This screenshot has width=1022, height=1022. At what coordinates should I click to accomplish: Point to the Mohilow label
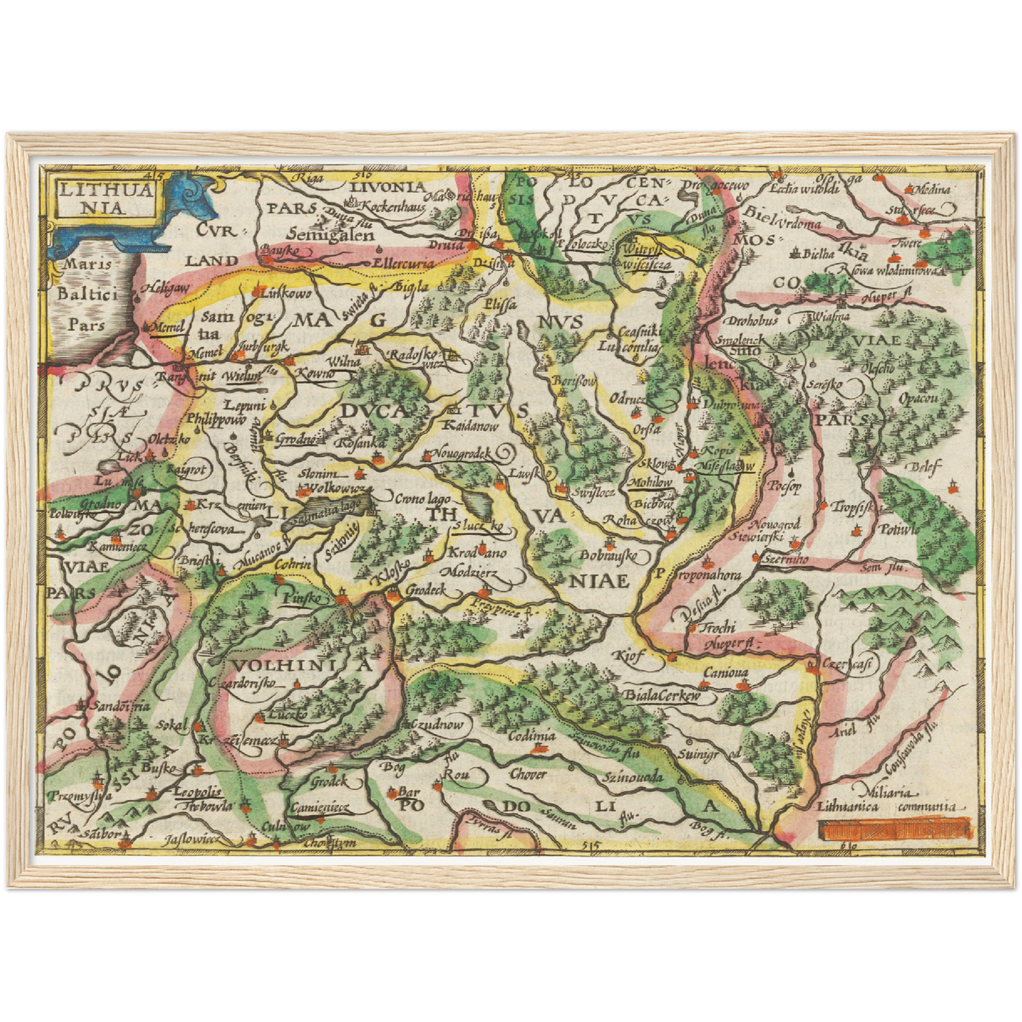[649, 482]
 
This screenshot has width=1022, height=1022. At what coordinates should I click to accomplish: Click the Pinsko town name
[301, 598]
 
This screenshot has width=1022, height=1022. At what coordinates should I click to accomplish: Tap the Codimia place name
[532, 736]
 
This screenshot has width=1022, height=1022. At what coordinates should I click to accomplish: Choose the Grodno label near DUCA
[295, 439]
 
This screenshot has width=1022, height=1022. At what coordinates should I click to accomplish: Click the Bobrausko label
[608, 556]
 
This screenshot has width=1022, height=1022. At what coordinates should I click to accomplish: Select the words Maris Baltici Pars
[86, 294]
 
